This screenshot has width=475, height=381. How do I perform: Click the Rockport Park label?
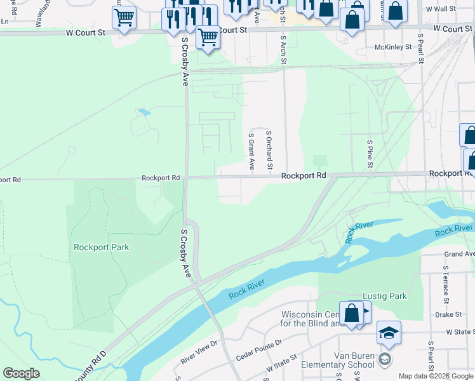[x=101, y=247]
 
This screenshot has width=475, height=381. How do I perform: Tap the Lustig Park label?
[x=384, y=296]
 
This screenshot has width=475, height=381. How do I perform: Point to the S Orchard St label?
[x=269, y=150]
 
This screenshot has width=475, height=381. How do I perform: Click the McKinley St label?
[x=394, y=47]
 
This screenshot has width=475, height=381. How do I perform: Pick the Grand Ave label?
[x=460, y=254]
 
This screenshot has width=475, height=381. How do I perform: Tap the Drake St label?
[x=448, y=314]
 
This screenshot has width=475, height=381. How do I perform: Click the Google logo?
[x=21, y=373]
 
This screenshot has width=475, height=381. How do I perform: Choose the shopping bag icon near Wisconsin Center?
[x=351, y=313]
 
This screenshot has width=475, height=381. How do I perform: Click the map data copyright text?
[x=436, y=376]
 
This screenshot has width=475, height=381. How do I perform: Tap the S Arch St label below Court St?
[x=283, y=50]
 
